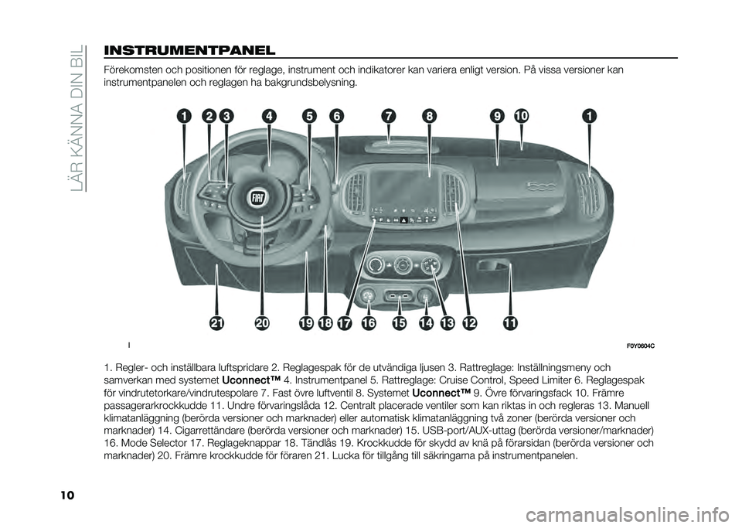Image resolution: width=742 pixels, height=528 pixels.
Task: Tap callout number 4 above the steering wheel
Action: (269, 116)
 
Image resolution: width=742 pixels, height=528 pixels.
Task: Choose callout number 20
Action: (263, 322)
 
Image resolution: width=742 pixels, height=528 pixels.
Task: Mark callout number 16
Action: (367, 322)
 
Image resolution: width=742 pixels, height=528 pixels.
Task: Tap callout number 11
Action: (510, 322)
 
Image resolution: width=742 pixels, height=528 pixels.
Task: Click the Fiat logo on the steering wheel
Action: (258, 198)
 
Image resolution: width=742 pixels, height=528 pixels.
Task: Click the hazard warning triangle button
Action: (403, 220)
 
